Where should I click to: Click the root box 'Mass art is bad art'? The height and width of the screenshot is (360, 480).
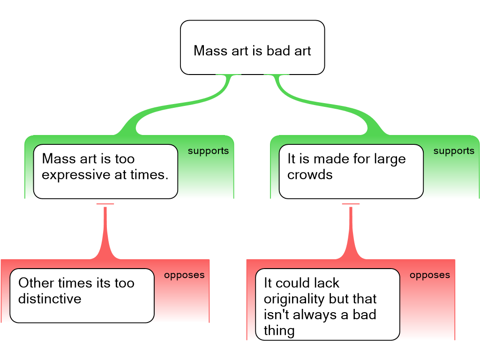[x=252, y=47]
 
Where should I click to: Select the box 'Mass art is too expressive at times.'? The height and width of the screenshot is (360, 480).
[x=105, y=171]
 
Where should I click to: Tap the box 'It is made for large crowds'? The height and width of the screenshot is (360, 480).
[x=351, y=171]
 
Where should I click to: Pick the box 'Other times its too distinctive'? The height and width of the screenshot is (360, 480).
[x=82, y=295]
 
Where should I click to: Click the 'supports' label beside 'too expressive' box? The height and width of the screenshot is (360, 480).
[x=208, y=151]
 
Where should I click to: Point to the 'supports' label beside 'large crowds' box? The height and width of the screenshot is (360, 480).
[x=454, y=151]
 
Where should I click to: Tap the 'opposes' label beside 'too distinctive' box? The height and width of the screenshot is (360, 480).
[x=184, y=275]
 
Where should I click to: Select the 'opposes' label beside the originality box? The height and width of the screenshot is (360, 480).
[x=430, y=275]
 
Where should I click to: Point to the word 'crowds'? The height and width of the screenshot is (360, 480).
[x=310, y=175]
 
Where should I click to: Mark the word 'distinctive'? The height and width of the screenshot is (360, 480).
[x=50, y=299]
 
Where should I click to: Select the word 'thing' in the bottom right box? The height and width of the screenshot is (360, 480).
[x=279, y=330]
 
